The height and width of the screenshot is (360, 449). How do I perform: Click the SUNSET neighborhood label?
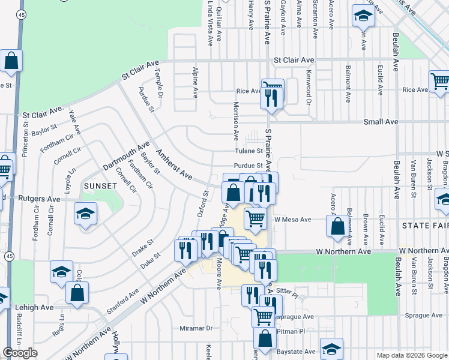point(100,186)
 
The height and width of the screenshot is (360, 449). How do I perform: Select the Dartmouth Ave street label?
point(125,157)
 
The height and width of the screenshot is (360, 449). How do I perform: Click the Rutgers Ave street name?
point(39,198)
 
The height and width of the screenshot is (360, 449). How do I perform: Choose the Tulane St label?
point(249,151)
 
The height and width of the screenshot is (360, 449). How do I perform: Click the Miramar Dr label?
point(196,328)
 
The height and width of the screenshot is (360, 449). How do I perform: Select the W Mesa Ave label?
point(293,220)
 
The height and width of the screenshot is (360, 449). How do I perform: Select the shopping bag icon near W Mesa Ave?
point(337,226)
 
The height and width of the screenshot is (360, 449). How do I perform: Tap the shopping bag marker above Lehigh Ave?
point(77,293)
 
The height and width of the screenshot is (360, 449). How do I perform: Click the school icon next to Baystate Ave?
point(331,349)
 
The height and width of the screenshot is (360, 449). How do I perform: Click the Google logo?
point(20,353)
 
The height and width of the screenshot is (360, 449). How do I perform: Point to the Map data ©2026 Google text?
point(411,355)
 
